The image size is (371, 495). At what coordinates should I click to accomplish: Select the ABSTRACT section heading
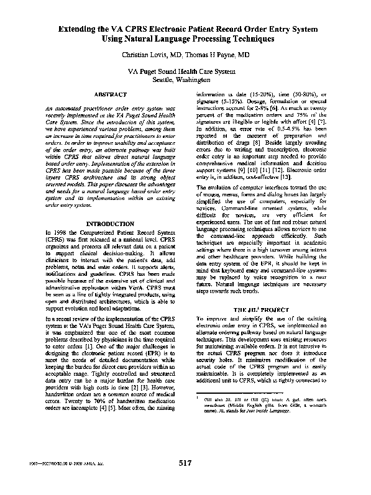109,94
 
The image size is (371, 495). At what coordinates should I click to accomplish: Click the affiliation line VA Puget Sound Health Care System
186,72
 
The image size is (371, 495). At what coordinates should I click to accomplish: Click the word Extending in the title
79,29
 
